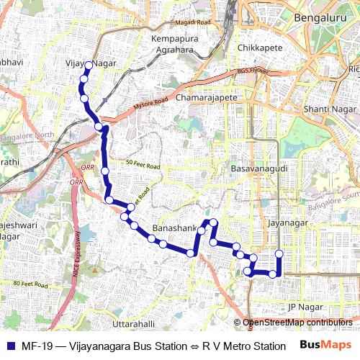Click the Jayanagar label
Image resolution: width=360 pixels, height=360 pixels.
tap(288, 223)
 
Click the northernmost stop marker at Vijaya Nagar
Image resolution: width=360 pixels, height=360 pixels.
tap(89, 66)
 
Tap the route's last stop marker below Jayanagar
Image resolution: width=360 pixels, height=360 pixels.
tap(279, 253)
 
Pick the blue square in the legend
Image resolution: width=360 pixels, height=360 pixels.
tap(11, 346)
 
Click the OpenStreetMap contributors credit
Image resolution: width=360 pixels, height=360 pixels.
tap(297, 323)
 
